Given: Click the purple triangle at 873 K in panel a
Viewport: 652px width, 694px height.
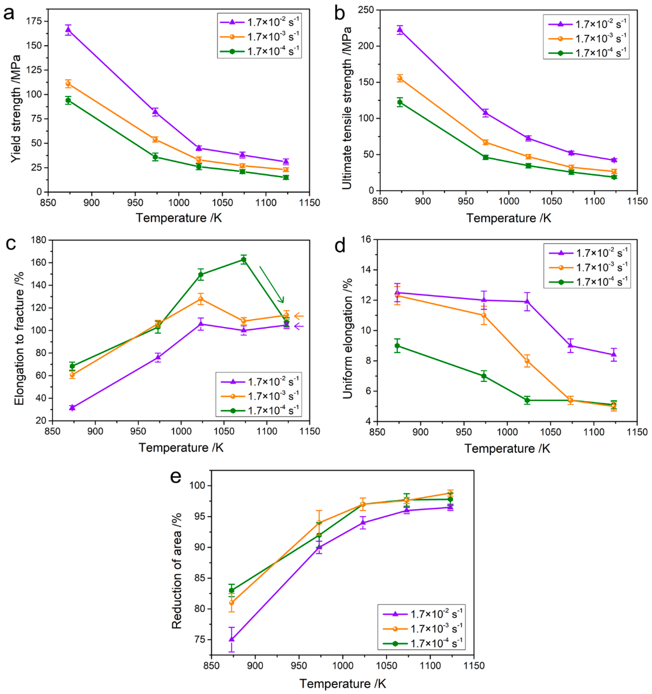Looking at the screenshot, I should [x=68, y=29].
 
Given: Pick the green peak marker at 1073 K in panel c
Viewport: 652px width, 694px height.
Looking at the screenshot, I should [x=243, y=259].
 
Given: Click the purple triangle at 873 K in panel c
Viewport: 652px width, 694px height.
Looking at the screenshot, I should [x=72, y=407].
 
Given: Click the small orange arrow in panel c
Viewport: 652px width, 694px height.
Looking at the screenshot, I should [x=299, y=316].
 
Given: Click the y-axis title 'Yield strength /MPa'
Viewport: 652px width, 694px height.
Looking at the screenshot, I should [x=15, y=108].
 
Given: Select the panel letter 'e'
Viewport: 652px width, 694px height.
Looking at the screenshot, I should [x=176, y=476].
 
